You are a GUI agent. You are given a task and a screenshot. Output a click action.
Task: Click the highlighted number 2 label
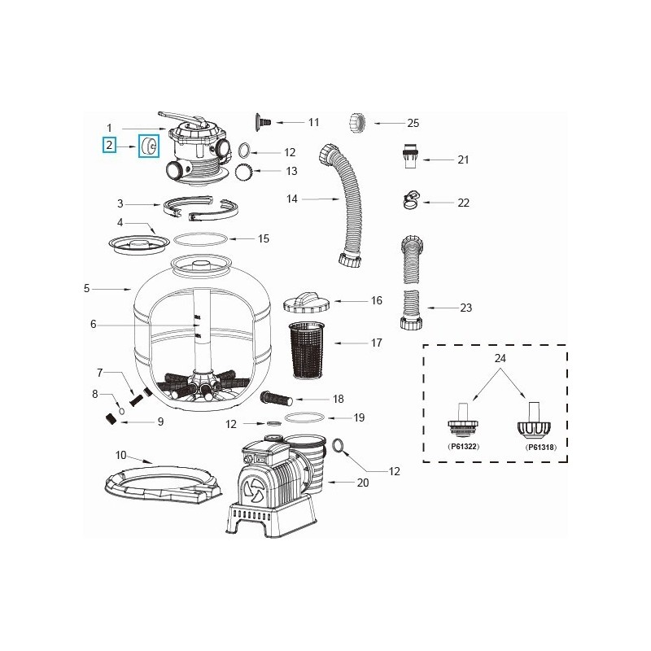coord(108,146)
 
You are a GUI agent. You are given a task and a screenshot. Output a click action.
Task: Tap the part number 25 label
coord(413,123)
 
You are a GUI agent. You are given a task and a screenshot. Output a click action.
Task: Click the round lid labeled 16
coord(305,302)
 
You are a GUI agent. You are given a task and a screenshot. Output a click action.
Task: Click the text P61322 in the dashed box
coord(461,447)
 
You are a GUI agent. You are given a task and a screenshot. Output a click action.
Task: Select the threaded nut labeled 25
coord(358,123)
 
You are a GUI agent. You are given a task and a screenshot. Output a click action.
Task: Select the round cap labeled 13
coord(242,172)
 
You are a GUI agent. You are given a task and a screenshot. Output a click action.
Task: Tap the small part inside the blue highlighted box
coord(149,146)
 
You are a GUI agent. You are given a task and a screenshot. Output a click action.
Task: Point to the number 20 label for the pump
coord(363,483)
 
